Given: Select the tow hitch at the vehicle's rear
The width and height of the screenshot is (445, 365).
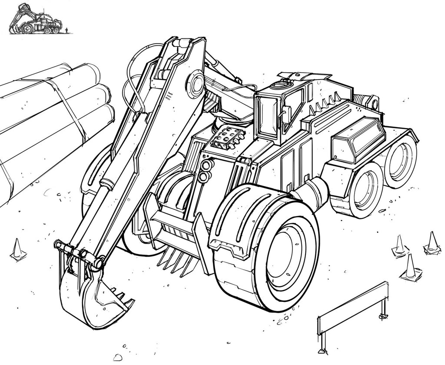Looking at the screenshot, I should (x=369, y=103).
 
